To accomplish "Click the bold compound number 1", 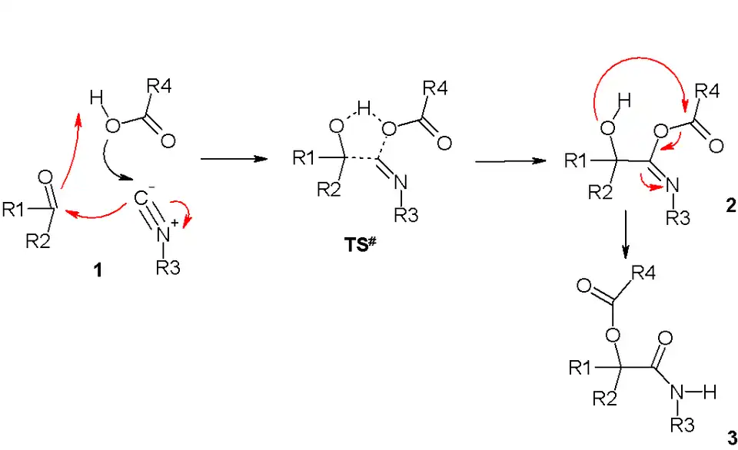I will point(98,271).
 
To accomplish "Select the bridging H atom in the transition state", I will point(366,108).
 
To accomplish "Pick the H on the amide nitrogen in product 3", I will point(709,392).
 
